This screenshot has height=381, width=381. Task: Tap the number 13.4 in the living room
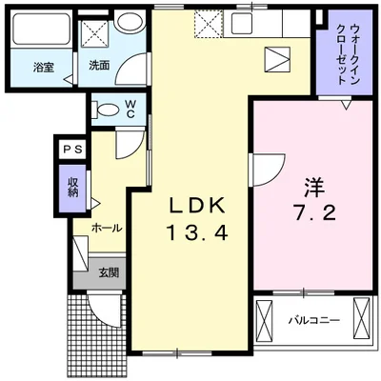pyautogui.click(x=197, y=231)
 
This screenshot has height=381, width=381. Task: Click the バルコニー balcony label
pyautogui.click(x=313, y=320)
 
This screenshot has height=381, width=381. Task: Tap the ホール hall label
pyautogui.click(x=105, y=229)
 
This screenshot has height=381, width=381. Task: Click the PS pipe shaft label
pyautogui.click(x=72, y=149)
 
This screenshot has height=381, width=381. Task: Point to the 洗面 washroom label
pyautogui.click(x=99, y=67)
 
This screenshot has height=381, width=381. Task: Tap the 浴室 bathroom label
pyautogui.click(x=42, y=67)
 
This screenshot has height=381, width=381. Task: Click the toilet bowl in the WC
pyautogui.click(x=107, y=109)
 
